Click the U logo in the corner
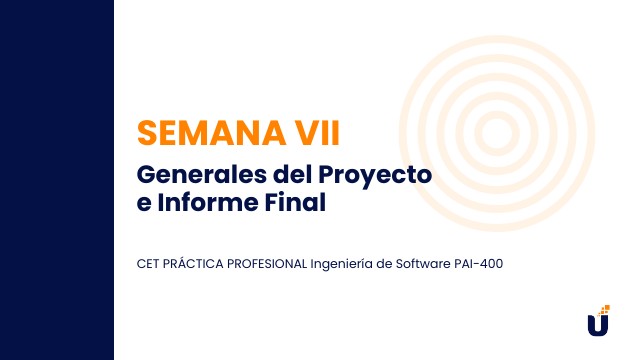pyautogui.click(x=597, y=325)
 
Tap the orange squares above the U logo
pyautogui.click(x=604, y=309)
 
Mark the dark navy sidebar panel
pyautogui.click(x=57, y=180)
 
